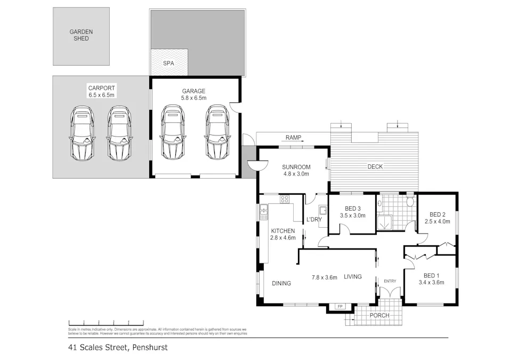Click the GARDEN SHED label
[x=81, y=35]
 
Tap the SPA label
[x=169, y=63]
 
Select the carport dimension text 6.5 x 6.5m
[x=101, y=95]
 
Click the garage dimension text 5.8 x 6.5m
[x=193, y=98]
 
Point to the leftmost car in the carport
[x=81, y=133]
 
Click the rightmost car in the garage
[x=218, y=132]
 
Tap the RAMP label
[x=293, y=138]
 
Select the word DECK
[x=375, y=167]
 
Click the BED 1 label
[x=431, y=275]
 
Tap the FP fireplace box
[x=339, y=307]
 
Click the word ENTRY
[x=390, y=281]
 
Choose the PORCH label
[x=379, y=315]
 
